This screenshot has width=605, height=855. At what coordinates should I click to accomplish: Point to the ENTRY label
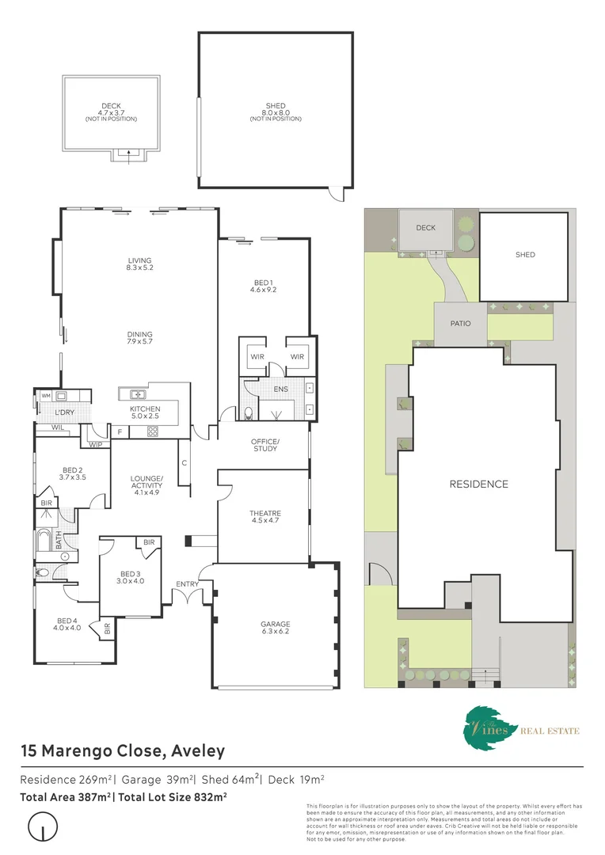pyautogui.click(x=188, y=584)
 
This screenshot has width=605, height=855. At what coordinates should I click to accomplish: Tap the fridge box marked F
pyautogui.click(x=120, y=431)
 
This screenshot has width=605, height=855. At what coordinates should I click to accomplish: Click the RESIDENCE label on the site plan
pyautogui.click(x=478, y=484)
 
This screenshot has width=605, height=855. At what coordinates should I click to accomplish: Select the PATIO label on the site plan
pyautogui.click(x=460, y=323)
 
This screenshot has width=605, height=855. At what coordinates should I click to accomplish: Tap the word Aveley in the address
pyautogui.click(x=194, y=750)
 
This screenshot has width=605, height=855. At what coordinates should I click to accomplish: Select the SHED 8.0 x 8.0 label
pyautogui.click(x=276, y=109)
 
